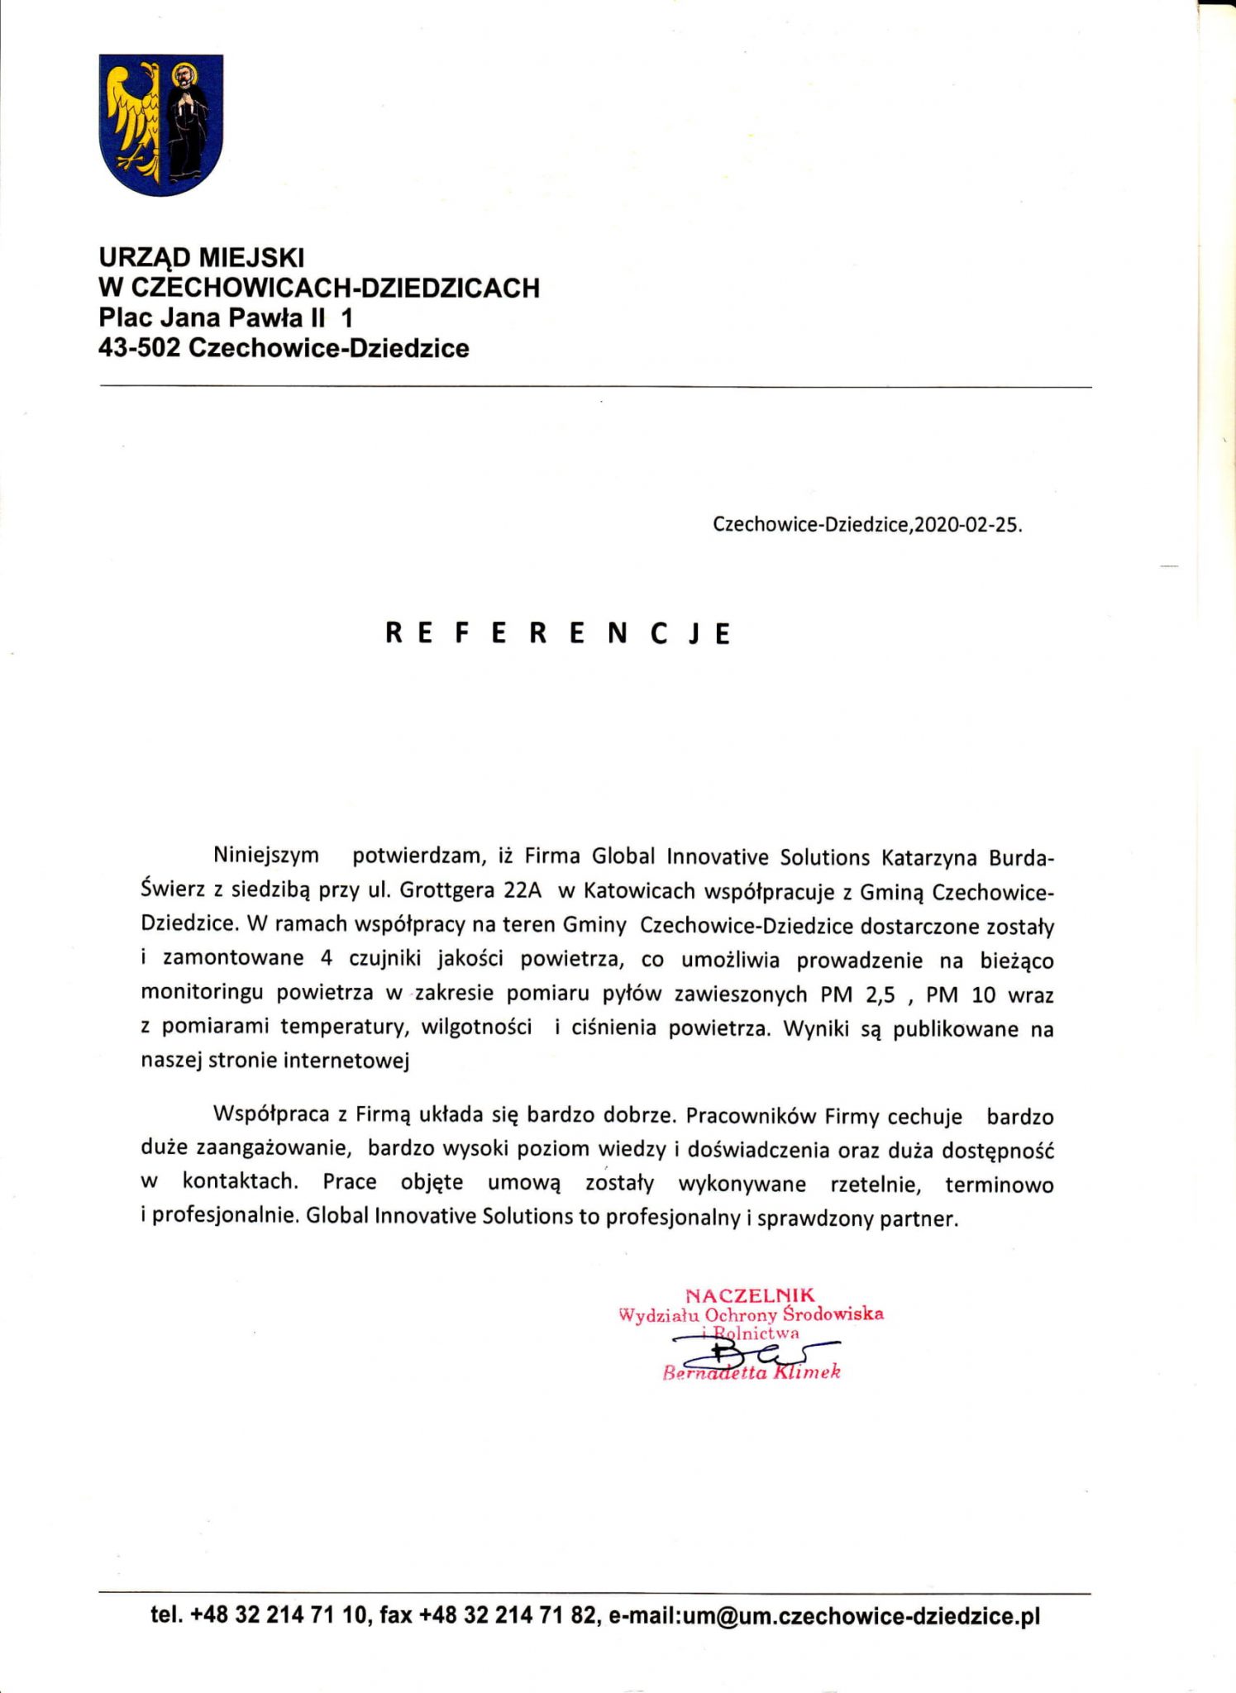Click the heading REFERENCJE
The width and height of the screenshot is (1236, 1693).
(x=559, y=633)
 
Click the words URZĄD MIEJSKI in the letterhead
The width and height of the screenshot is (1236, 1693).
(x=202, y=257)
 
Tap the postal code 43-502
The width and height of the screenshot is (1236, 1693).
(x=139, y=348)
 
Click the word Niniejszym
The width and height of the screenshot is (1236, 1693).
(x=265, y=856)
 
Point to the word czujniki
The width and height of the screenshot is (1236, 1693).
(x=384, y=959)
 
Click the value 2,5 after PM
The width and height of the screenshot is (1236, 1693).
(x=880, y=994)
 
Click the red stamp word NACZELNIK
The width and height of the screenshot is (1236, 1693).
(x=750, y=1295)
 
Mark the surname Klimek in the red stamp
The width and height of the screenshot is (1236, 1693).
(x=807, y=1372)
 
